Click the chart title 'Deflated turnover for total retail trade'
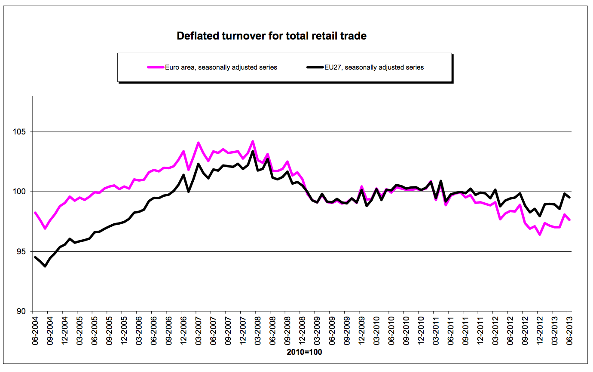(272, 36)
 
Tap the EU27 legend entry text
(374, 67)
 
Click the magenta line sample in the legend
(156, 67)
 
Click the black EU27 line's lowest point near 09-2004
(45, 266)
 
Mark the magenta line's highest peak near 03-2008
(253, 141)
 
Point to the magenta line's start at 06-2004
(35, 213)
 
